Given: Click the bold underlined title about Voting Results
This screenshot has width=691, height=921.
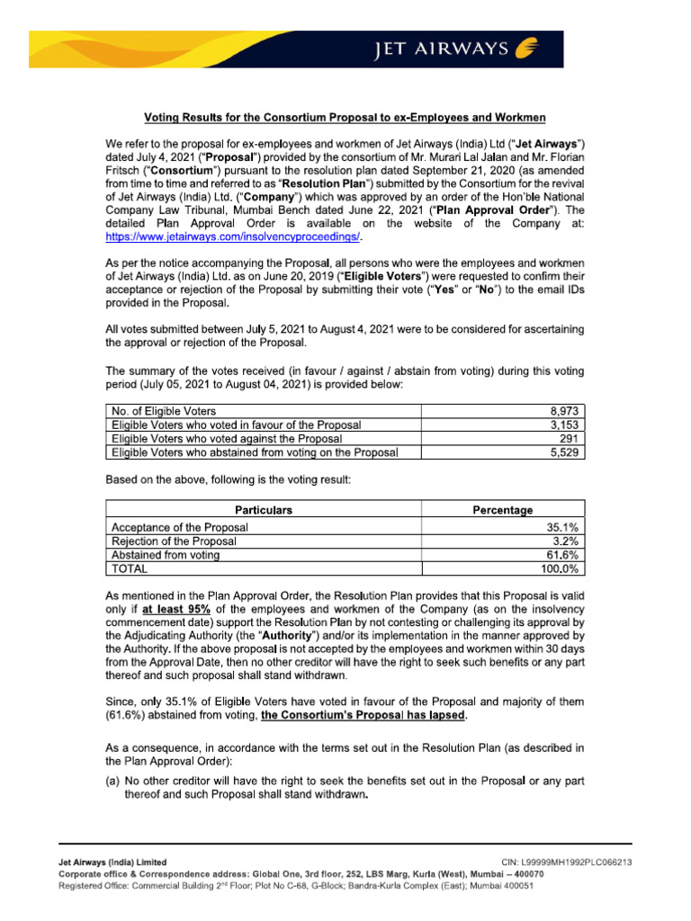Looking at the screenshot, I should click(x=345, y=118).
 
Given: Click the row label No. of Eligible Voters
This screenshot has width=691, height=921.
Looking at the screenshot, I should click(x=163, y=411).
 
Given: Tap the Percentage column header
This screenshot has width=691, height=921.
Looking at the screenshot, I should click(x=502, y=510).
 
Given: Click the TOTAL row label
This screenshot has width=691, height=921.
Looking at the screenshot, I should click(x=130, y=568).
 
